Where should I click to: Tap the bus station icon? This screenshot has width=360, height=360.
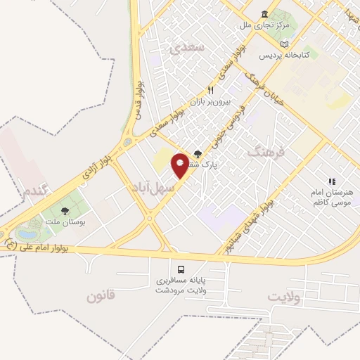(x=182, y=270)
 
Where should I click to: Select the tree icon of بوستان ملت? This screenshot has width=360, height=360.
(x=65, y=210)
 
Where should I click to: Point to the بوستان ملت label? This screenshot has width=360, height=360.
(x=64, y=223)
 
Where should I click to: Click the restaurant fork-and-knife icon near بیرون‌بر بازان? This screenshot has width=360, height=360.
(x=210, y=90)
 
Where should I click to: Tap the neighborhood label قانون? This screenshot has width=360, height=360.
(x=105, y=296)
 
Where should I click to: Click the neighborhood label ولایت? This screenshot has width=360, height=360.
(x=288, y=297)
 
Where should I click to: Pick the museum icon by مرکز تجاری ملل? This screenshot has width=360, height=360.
(x=264, y=14)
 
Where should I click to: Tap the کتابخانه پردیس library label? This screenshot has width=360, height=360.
(x=288, y=55)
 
